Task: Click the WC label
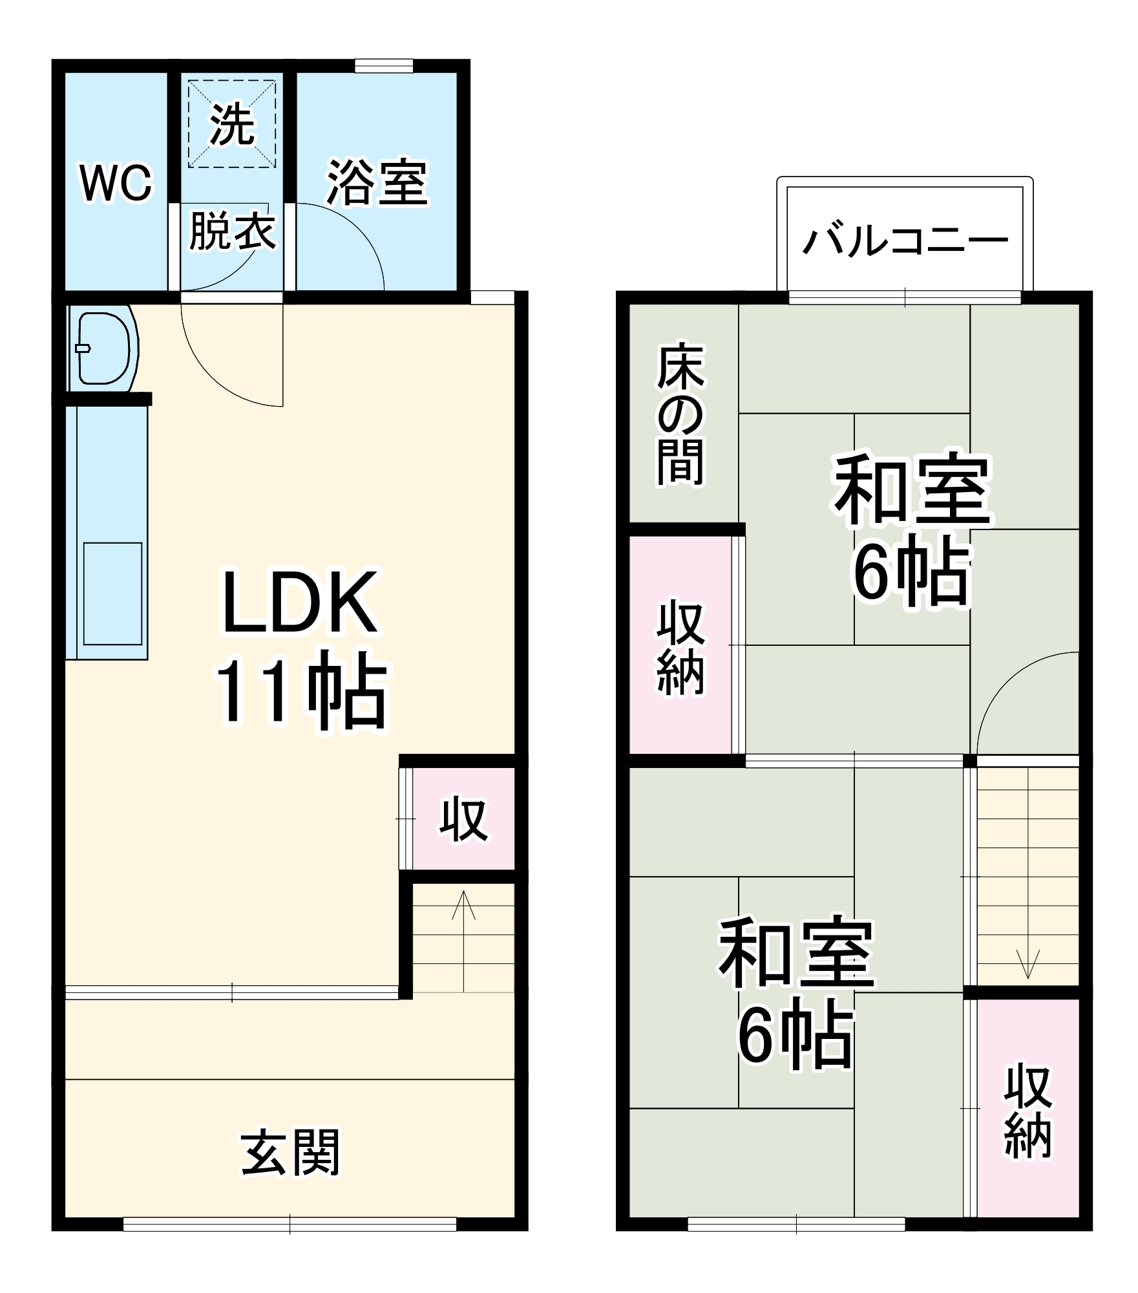click(116, 183)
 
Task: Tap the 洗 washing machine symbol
click(232, 124)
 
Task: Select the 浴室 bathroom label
click(377, 183)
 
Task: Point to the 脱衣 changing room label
click(232, 231)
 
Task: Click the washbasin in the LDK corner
click(103, 348)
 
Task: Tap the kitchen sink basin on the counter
click(112, 593)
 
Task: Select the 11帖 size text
click(301, 691)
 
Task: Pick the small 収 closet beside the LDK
click(463, 820)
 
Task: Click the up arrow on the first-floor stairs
click(463, 905)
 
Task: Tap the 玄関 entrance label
click(290, 1152)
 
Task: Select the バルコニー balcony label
click(905, 242)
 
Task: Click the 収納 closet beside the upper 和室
click(681, 648)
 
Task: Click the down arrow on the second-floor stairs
click(1027, 963)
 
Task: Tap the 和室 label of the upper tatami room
click(912, 491)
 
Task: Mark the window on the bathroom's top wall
click(383, 66)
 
